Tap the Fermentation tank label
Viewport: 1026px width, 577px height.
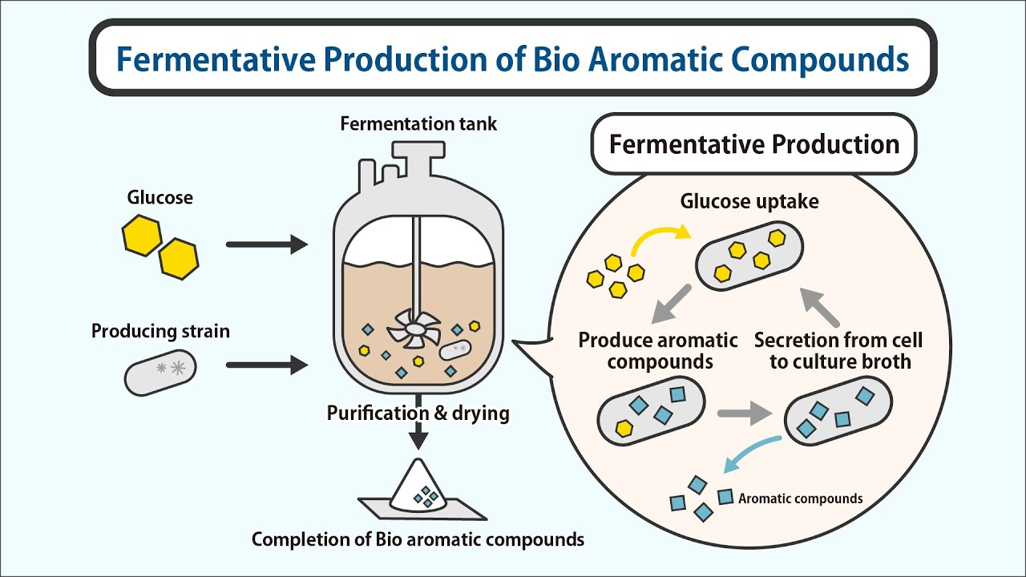(418, 124)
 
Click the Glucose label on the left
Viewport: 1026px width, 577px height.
(160, 197)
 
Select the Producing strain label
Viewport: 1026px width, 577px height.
(160, 331)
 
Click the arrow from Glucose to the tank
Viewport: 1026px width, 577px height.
(267, 244)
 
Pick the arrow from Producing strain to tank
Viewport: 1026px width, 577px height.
(267, 365)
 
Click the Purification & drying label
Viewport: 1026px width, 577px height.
(418, 414)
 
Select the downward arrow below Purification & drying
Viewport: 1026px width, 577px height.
(418, 436)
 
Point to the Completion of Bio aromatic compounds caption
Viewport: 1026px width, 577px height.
(418, 539)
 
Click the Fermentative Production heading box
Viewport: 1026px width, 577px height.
(753, 145)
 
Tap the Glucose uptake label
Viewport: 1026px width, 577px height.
(749, 201)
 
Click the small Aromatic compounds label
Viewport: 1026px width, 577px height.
(800, 498)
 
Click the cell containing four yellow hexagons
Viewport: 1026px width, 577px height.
(749, 255)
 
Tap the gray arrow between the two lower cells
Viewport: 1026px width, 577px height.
(742, 414)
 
